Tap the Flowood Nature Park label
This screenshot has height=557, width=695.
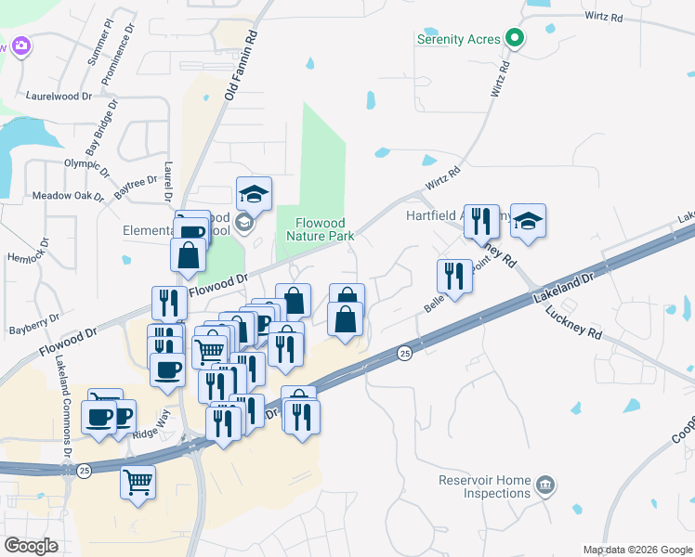pyautogui.click(x=320, y=229)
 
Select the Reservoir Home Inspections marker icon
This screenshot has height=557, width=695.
pyautogui.click(x=546, y=484)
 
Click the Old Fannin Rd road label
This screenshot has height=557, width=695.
pyautogui.click(x=240, y=63)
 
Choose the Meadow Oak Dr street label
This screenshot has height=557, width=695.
pyautogui.click(x=68, y=196)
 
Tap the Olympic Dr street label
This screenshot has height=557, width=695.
pyautogui.click(x=86, y=163)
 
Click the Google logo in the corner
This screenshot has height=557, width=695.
pyautogui.click(x=31, y=546)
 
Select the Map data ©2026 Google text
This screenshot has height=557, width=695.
pyautogui.click(x=637, y=550)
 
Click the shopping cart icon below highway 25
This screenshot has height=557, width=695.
pyautogui.click(x=138, y=482)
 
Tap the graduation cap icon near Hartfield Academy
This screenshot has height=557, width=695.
pyautogui.click(x=528, y=221)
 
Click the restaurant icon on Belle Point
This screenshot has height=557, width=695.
pyautogui.click(x=454, y=276)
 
